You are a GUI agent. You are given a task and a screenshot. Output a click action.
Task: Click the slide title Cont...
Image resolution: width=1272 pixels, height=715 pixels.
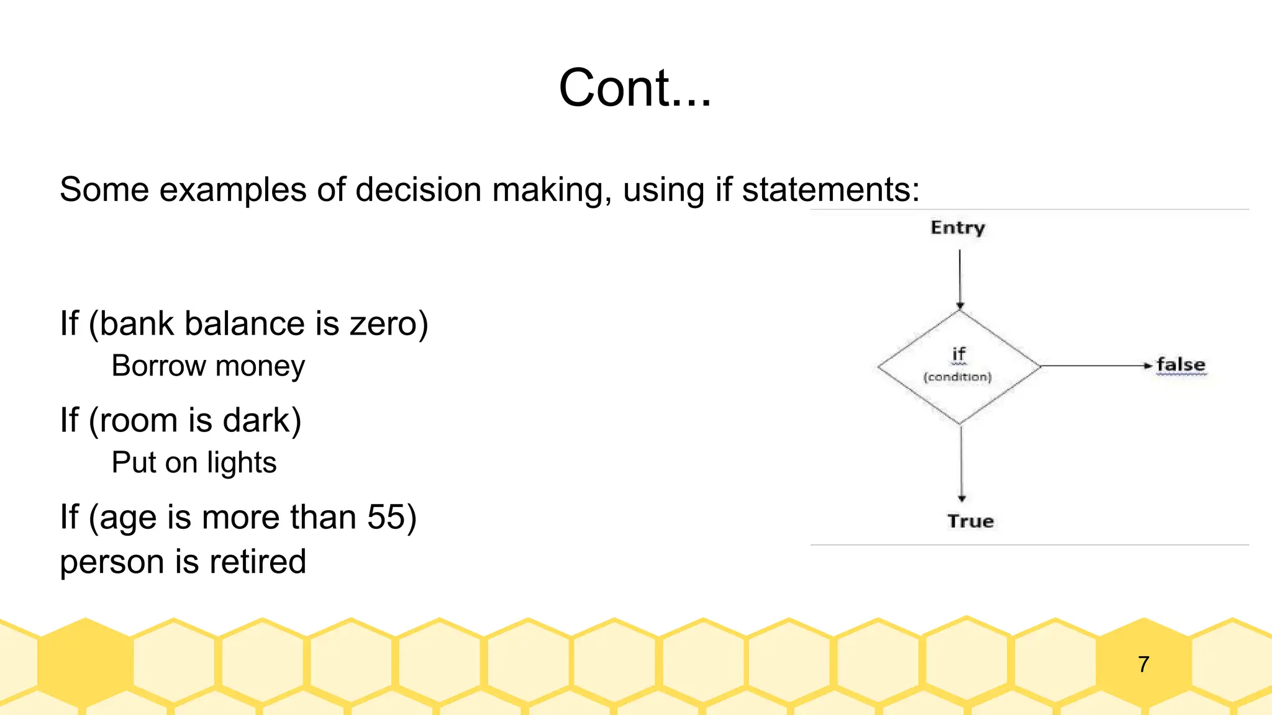point(634,88)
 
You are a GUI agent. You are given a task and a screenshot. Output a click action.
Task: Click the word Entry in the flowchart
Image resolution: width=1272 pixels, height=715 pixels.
point(958,228)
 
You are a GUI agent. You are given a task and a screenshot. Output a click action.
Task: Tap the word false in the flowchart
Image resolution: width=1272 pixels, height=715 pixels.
point(1181,365)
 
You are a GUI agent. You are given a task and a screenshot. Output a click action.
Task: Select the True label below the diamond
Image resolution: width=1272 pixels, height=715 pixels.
point(970,521)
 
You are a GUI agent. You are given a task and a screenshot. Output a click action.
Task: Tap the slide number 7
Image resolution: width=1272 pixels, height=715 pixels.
point(1143,664)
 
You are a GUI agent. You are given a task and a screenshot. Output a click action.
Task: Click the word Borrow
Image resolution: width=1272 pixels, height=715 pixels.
point(158,366)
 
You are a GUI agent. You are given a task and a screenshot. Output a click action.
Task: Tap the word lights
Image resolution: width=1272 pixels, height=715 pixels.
point(242,463)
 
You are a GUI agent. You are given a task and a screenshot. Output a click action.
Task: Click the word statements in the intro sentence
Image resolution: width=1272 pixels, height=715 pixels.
point(830,189)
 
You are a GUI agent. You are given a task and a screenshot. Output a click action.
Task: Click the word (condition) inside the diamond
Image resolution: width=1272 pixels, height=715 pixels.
point(957,377)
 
